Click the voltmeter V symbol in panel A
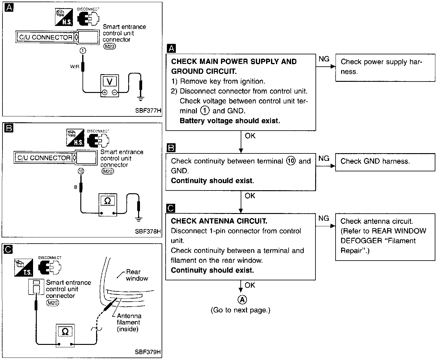click(x=109, y=82)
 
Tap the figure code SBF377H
click(x=148, y=111)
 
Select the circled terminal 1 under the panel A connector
click(x=83, y=50)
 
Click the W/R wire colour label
click(x=75, y=66)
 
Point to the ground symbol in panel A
click(x=141, y=98)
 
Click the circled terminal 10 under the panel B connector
click(x=81, y=171)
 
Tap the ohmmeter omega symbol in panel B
click(x=108, y=201)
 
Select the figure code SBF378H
click(x=148, y=231)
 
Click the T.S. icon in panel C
click(x=23, y=268)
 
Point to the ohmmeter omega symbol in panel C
click(x=65, y=332)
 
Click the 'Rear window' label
click(x=137, y=275)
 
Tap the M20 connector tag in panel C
click(x=53, y=303)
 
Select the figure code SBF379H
click(x=148, y=352)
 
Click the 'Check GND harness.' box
click(x=385, y=162)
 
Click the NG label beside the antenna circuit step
click(x=324, y=218)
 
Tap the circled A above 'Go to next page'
click(x=242, y=300)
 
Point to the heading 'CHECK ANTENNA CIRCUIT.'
click(x=219, y=221)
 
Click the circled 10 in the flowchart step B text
click(x=291, y=161)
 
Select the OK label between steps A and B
click(x=250, y=136)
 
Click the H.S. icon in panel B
click(x=75, y=138)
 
